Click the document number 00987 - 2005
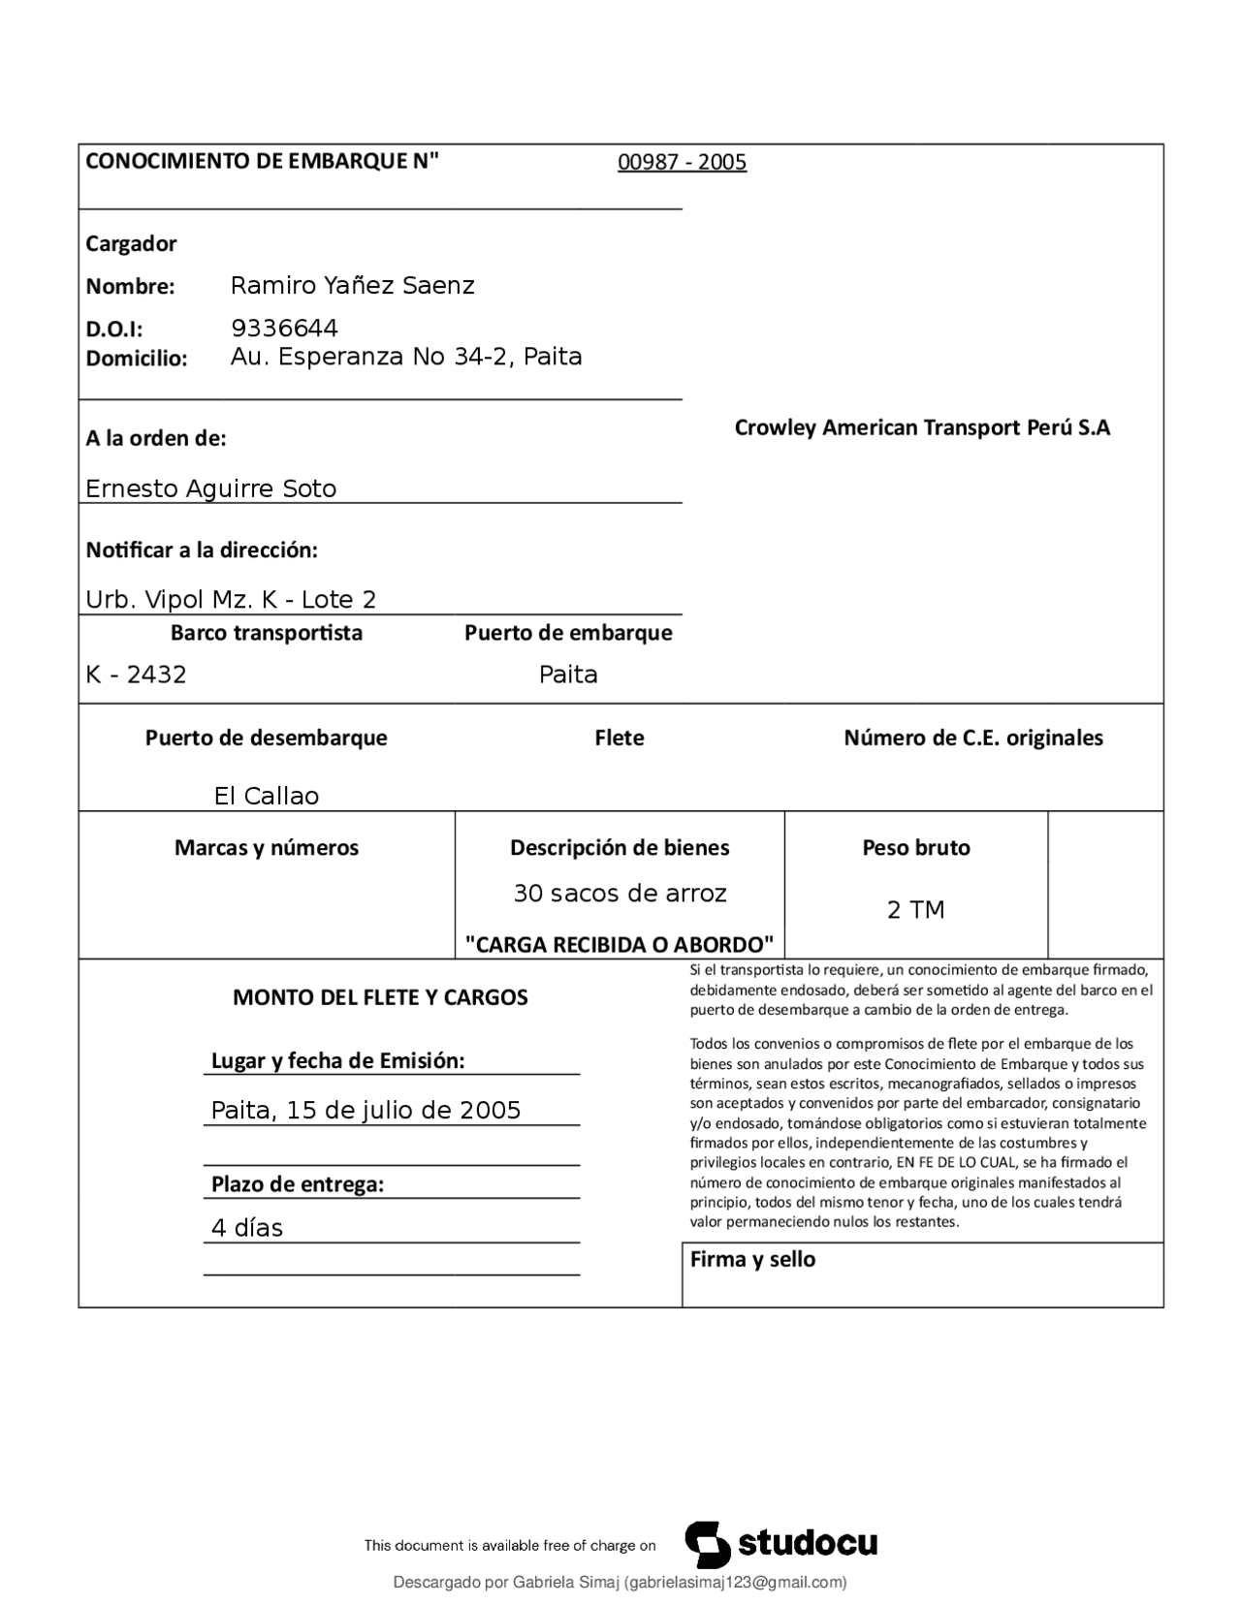point(682,162)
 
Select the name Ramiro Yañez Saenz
point(352,285)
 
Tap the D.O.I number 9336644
point(284,328)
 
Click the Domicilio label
point(136,359)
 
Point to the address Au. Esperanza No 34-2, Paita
point(405,357)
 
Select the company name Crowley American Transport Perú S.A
point(922,427)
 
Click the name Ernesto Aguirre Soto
point(210,488)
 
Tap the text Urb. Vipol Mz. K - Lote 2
point(231,600)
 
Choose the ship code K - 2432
point(136,675)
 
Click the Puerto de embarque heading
point(567,633)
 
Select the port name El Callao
point(266,796)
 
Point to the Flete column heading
point(619,738)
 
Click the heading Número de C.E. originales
point(972,738)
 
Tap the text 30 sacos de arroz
point(620,893)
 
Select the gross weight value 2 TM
point(915,909)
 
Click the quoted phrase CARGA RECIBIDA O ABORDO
point(619,944)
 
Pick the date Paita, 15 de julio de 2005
point(366,1110)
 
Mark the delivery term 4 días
point(247,1228)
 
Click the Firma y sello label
point(752,1259)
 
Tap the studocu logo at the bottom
point(781,1544)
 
